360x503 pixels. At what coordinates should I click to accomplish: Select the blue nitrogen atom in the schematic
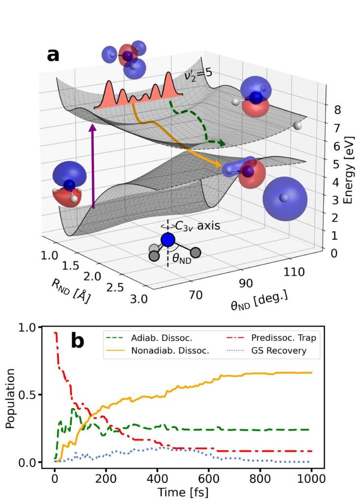point(168,240)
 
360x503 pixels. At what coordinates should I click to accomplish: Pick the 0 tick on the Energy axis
point(334,253)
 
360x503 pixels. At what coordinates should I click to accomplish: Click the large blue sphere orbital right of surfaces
point(284,198)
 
